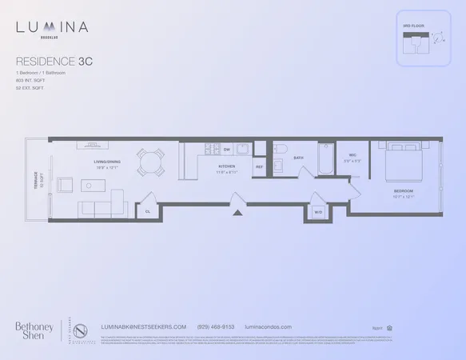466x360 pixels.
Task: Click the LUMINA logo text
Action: pos(52,28)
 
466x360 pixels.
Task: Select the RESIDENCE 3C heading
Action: pos(53,59)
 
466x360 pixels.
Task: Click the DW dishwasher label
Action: pos(227,150)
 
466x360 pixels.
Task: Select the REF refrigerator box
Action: pos(260,166)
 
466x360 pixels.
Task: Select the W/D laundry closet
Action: pos(317,212)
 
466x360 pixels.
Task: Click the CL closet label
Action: pos(148,211)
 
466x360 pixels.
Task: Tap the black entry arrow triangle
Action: pos(237,213)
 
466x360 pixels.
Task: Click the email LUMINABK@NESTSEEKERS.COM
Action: pos(145,326)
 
